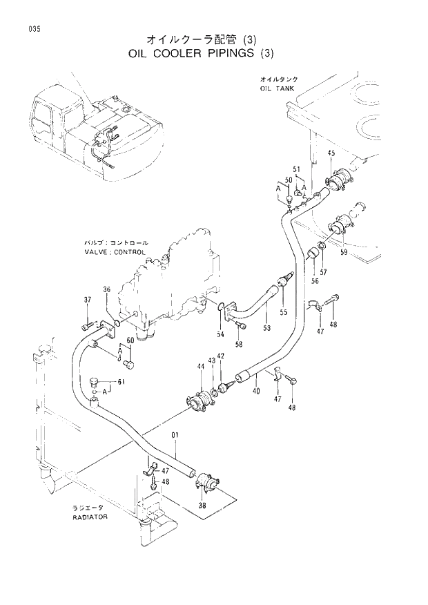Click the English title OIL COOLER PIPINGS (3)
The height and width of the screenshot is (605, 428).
point(202,53)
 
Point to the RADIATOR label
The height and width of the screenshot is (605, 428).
point(89,517)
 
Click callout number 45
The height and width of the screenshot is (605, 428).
point(331,153)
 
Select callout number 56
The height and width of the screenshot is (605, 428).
point(314,280)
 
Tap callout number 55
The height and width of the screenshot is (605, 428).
point(283,313)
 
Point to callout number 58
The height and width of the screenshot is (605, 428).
point(239,343)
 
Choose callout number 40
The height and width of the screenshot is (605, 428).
point(255,391)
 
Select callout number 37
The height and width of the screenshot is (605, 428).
point(88,299)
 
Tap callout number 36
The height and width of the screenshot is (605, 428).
point(107,289)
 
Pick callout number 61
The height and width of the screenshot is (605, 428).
point(121,382)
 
